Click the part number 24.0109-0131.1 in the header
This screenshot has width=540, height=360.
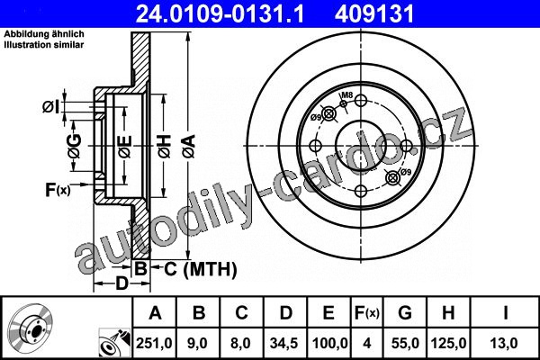click(220, 14)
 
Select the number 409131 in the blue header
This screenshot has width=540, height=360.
click(374, 14)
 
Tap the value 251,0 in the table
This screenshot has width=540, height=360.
click(154, 344)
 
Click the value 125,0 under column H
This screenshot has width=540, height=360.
click(448, 344)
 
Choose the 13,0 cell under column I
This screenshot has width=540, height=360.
click(505, 344)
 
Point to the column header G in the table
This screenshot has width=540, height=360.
click(405, 313)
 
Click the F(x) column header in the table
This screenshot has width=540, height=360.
click(367, 313)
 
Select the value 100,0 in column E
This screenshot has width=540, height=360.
click(329, 344)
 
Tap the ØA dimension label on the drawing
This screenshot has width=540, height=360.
click(189, 147)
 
